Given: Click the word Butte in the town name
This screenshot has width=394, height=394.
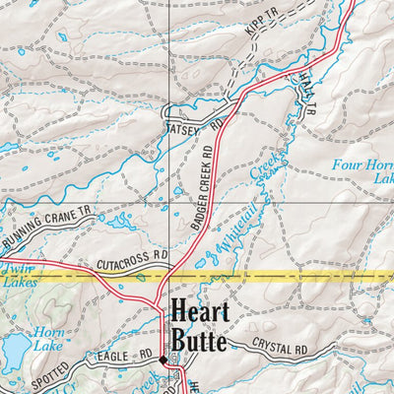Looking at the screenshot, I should coord(198,342).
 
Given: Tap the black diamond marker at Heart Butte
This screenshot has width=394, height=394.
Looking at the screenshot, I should coord(164,360).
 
